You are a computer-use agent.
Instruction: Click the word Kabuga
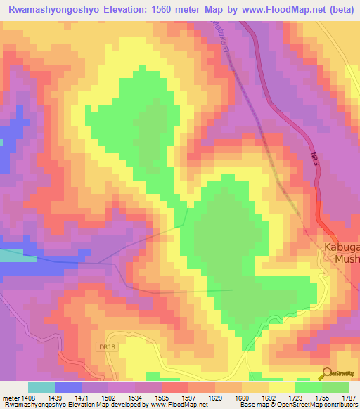[341, 247]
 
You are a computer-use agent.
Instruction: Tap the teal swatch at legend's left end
[41, 387]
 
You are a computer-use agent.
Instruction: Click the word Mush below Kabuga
[345, 259]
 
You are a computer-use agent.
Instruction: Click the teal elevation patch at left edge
[18, 255]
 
